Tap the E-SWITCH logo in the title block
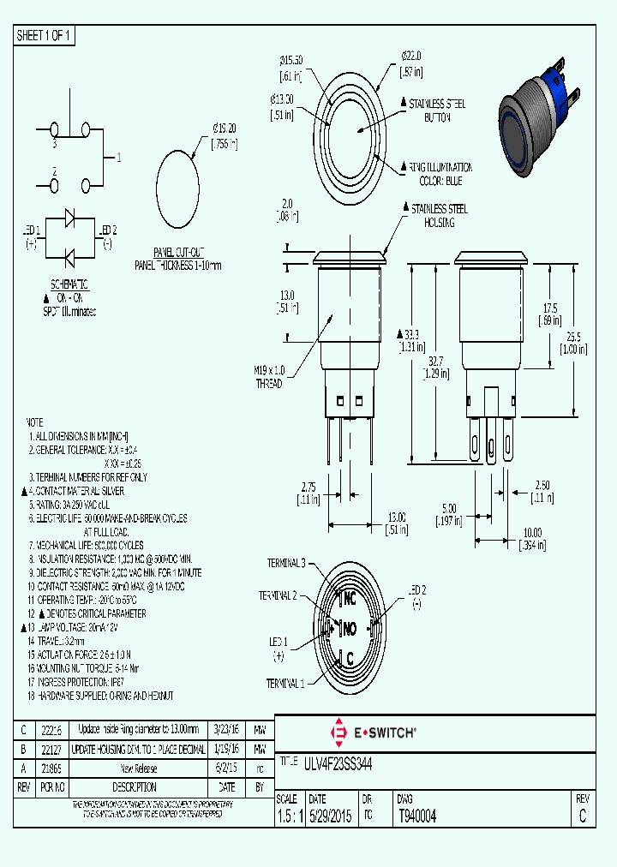(373, 732)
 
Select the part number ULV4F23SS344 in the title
(338, 762)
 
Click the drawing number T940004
(417, 816)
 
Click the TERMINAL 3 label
(285, 563)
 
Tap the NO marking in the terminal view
(349, 630)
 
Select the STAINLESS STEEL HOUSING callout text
(439, 215)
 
